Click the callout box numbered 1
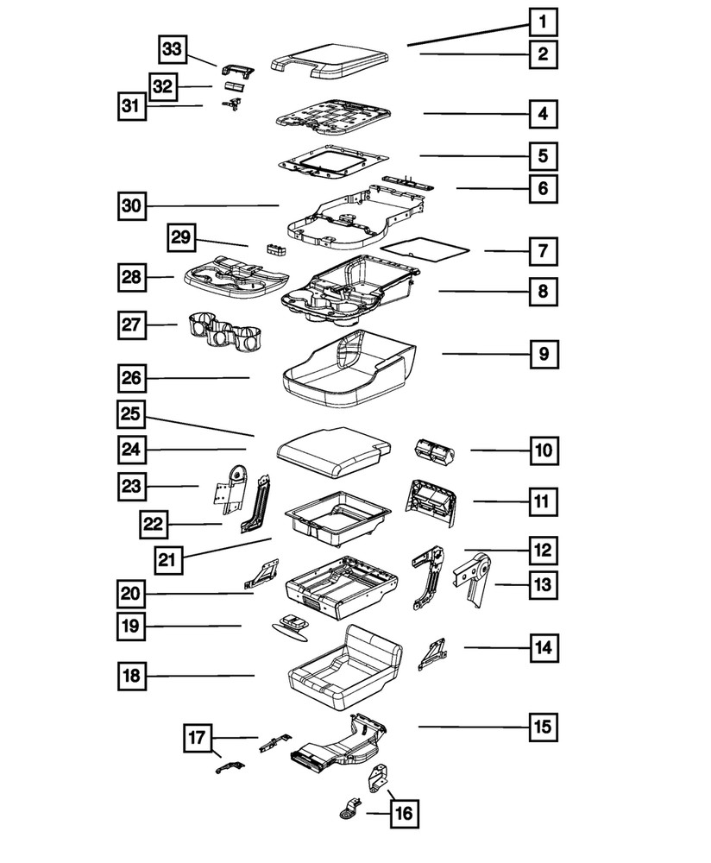[543, 22]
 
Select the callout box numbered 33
[174, 50]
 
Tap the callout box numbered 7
[543, 252]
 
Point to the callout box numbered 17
[197, 739]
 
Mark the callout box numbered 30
[133, 206]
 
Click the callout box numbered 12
[543, 549]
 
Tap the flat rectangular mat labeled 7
[425, 249]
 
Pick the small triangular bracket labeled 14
[431, 656]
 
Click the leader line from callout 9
[483, 354]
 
